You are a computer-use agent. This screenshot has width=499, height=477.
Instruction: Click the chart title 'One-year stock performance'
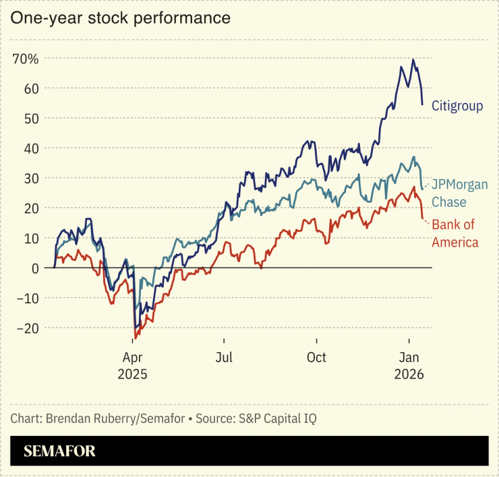coord(120,18)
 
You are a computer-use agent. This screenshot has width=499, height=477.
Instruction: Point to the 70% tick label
coord(25,59)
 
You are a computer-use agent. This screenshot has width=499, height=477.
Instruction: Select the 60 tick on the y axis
coord(30,88)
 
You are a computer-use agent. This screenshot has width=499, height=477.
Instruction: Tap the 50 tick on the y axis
coord(30,118)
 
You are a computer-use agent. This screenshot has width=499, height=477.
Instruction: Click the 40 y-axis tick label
coord(30,148)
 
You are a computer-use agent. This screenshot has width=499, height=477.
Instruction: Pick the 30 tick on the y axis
coord(30,178)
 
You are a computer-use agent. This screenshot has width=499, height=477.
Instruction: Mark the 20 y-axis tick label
coord(30,208)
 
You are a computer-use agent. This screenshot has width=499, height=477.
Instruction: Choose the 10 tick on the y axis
coord(30,238)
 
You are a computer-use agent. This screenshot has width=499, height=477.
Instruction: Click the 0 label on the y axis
coord(34,268)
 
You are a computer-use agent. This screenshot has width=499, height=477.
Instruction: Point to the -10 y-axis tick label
coord(28,298)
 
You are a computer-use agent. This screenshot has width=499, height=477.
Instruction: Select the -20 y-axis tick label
coord(28,328)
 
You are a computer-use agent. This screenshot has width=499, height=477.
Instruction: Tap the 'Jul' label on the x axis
coord(225,357)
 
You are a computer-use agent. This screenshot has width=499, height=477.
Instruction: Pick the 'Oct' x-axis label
coord(316,357)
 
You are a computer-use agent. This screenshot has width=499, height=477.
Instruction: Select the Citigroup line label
coord(457,106)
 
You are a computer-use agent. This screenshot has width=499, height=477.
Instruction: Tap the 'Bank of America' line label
coord(455,233)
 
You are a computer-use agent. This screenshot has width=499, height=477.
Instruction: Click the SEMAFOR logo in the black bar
coord(60,451)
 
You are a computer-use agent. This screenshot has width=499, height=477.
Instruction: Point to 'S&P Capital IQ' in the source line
coord(276,418)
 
